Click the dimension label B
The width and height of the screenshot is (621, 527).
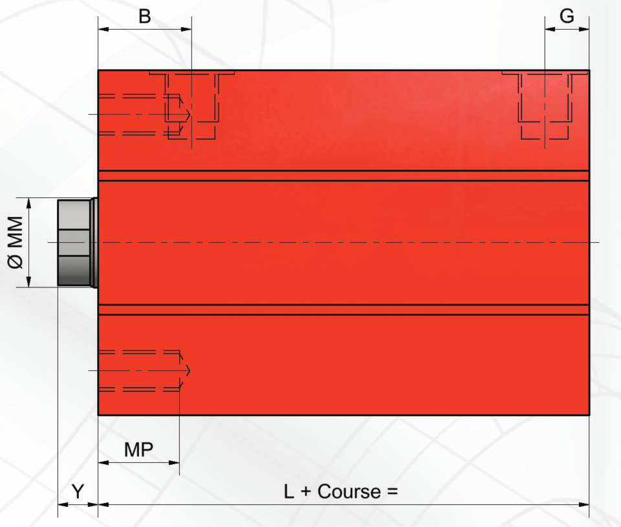point(144,17)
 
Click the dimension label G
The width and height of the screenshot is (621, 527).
point(567,16)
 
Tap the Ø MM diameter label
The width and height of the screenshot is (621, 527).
point(16,242)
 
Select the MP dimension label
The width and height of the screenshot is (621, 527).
point(138,450)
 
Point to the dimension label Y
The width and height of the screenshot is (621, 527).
point(78,492)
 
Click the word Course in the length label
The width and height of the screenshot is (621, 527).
point(349,492)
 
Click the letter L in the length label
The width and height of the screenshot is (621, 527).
point(289,492)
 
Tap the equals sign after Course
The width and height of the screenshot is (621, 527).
point(392,492)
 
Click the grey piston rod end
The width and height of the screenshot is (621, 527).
point(78,242)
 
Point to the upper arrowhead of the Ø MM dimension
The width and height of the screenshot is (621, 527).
point(28,203)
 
